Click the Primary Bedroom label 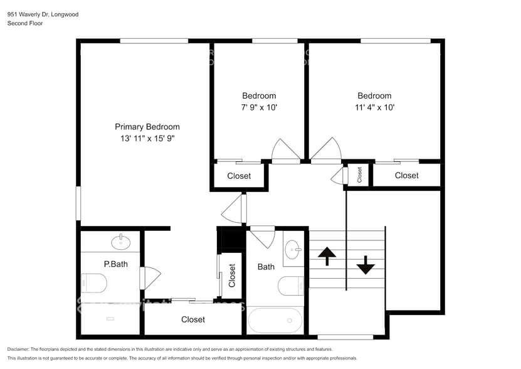[x=147, y=126]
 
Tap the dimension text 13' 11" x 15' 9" [x=147, y=139]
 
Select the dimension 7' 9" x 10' [x=259, y=107]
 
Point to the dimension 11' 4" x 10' [x=374, y=107]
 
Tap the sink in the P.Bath [x=120, y=242]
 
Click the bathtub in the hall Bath [x=276, y=320]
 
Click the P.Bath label [x=115, y=264]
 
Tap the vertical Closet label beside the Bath [x=232, y=275]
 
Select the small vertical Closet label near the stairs [x=360, y=174]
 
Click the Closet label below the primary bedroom [x=193, y=319]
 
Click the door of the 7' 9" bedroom [x=285, y=151]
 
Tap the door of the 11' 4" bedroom [x=326, y=151]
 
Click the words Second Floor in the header [x=24, y=23]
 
